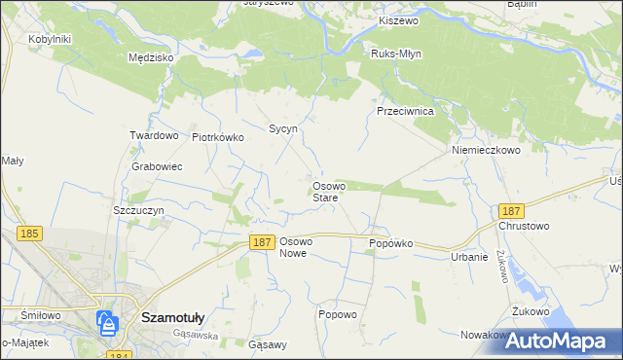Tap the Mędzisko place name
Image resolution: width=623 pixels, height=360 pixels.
point(150,57)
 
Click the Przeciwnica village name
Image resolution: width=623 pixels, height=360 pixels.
point(411,111)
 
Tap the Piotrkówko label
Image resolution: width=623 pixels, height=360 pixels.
point(218,137)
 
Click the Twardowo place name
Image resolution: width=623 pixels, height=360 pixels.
point(154,135)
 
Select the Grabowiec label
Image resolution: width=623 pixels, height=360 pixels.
point(157,166)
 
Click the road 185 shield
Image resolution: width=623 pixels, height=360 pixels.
point(29,234)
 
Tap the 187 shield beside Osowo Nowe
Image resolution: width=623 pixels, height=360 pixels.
point(260,242)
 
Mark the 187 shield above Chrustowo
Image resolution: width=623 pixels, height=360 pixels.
point(510,210)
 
